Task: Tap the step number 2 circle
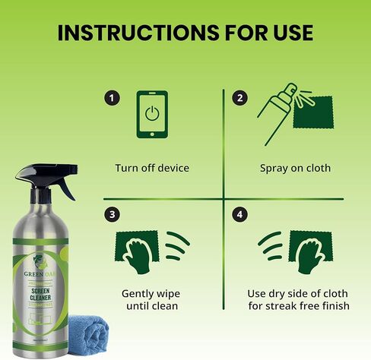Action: [239, 98]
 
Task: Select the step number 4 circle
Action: [239, 215]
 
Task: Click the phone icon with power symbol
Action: [152, 114]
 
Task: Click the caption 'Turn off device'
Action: [152, 168]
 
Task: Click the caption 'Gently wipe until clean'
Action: [153, 299]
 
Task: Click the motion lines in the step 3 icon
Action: [178, 248]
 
